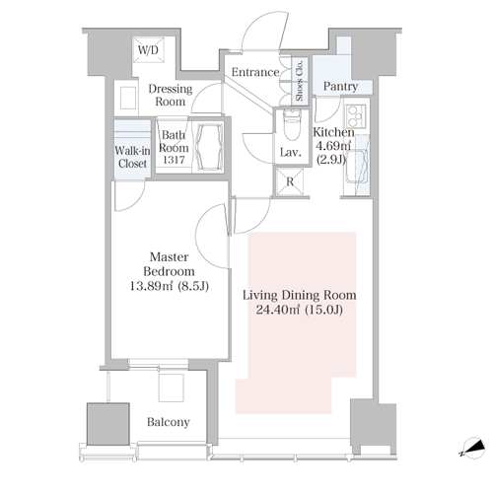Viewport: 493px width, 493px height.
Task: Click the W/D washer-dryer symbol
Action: click(x=148, y=49)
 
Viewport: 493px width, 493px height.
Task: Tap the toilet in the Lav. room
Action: click(x=291, y=125)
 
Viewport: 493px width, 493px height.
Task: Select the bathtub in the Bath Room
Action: click(x=208, y=147)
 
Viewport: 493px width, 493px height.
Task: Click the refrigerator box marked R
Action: click(x=290, y=181)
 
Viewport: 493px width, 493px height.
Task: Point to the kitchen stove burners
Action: click(x=355, y=116)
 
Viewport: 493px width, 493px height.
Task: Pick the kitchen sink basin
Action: click(x=356, y=167)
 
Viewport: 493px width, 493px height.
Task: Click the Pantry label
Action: click(x=340, y=86)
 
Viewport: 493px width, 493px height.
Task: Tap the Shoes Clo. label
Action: click(x=300, y=81)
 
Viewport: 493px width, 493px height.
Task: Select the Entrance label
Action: click(x=255, y=72)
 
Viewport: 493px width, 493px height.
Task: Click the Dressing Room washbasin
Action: click(x=128, y=98)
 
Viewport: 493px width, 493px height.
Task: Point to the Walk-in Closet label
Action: click(x=132, y=157)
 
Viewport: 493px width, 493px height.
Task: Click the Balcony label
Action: click(x=169, y=422)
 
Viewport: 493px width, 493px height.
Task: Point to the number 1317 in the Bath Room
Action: click(x=174, y=160)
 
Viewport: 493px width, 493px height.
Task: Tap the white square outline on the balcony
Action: click(x=171, y=387)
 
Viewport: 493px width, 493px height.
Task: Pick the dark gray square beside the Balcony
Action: click(x=107, y=424)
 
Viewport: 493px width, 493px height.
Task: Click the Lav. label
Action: click(x=291, y=153)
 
